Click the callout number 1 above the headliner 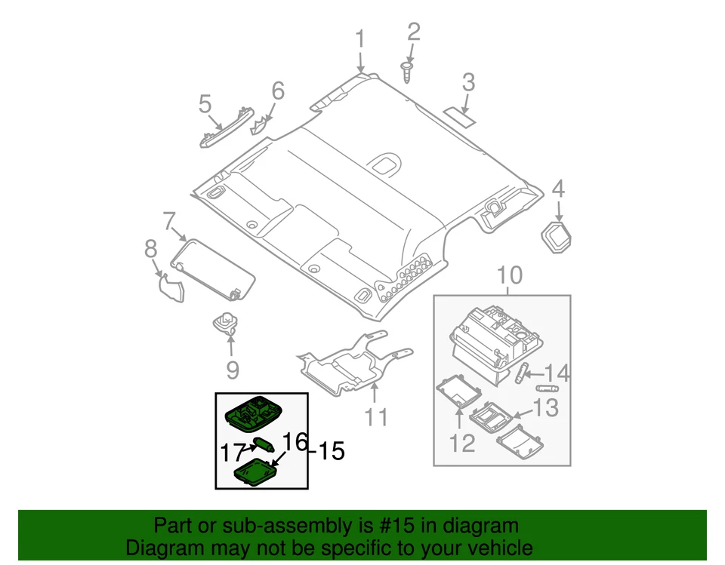coord(360,39)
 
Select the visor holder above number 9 coord(226,324)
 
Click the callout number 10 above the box coord(509,275)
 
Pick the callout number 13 coord(545,408)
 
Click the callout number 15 coord(331,452)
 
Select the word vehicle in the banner coord(495,548)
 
